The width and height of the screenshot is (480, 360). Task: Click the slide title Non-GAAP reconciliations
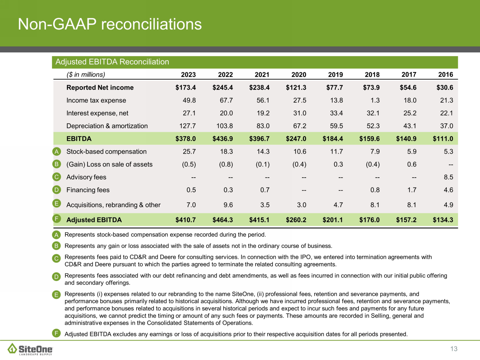click(x=110, y=24)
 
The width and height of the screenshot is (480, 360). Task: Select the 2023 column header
click(x=188, y=75)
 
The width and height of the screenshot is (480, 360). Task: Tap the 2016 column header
click(x=446, y=75)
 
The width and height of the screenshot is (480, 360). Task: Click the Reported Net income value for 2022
click(x=223, y=88)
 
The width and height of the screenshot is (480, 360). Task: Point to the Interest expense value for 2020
click(x=299, y=113)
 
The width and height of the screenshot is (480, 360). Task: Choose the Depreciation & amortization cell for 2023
click(x=188, y=126)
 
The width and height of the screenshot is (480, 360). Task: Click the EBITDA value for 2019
click(x=333, y=139)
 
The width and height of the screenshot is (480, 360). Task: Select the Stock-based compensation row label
click(x=106, y=152)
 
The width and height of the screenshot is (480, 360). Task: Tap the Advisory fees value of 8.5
click(x=448, y=177)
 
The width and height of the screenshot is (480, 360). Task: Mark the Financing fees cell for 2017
click(x=412, y=190)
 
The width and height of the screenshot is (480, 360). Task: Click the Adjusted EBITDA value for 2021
click(x=259, y=220)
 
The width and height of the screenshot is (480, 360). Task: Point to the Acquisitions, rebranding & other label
click(x=113, y=205)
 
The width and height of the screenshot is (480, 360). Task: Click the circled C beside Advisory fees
click(x=56, y=177)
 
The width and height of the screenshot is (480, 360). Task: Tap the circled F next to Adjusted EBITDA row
click(x=56, y=219)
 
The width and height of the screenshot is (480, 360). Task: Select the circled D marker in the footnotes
click(x=56, y=277)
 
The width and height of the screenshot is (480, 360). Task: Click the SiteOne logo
click(x=30, y=349)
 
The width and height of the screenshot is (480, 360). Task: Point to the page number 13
click(x=454, y=349)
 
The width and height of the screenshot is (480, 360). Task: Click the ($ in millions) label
click(x=86, y=75)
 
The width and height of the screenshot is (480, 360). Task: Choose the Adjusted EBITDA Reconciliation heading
click(x=112, y=62)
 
